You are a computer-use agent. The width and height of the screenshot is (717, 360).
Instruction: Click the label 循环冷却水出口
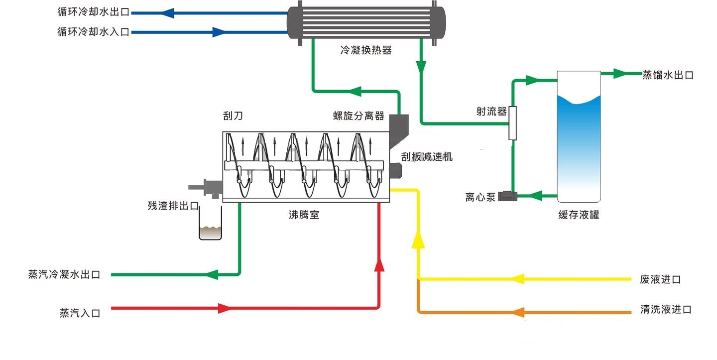[x=93, y=13]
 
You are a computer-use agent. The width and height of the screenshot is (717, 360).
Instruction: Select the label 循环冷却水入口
[x=93, y=32]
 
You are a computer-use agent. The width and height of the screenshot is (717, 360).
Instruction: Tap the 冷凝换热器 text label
[x=366, y=50]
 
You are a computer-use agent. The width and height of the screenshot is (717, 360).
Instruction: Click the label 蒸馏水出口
[x=668, y=75]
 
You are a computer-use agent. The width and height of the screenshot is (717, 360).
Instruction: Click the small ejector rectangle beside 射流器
[x=512, y=123]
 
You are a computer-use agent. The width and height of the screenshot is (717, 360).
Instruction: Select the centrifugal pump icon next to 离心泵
[x=509, y=196]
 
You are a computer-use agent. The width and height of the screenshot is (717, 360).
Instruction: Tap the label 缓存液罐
[x=578, y=215]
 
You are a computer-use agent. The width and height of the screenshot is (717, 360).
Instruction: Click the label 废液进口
[x=660, y=279]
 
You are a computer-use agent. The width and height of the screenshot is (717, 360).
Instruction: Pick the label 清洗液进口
[x=666, y=310]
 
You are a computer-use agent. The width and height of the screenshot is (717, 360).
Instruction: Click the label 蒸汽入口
[x=80, y=313]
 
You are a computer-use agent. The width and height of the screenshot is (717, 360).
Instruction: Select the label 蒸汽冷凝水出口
[x=64, y=275]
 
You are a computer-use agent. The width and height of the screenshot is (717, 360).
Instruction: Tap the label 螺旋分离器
[x=358, y=116]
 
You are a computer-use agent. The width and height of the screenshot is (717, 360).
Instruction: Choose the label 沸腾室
[x=304, y=215]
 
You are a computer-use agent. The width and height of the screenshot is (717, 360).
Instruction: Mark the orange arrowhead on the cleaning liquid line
[x=518, y=312]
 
